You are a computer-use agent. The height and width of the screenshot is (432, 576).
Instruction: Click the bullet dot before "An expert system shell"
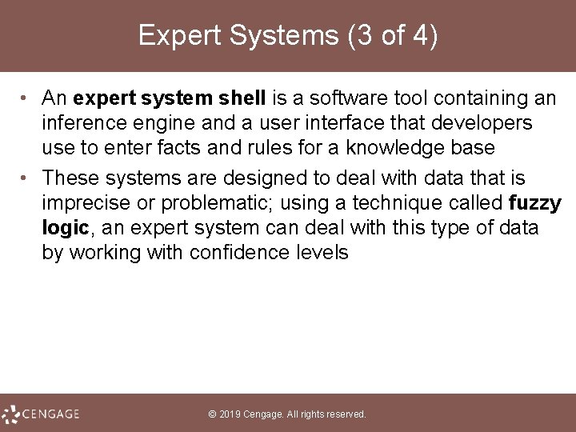point(27,98)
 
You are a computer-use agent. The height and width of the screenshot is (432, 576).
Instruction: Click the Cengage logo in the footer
point(42,414)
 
